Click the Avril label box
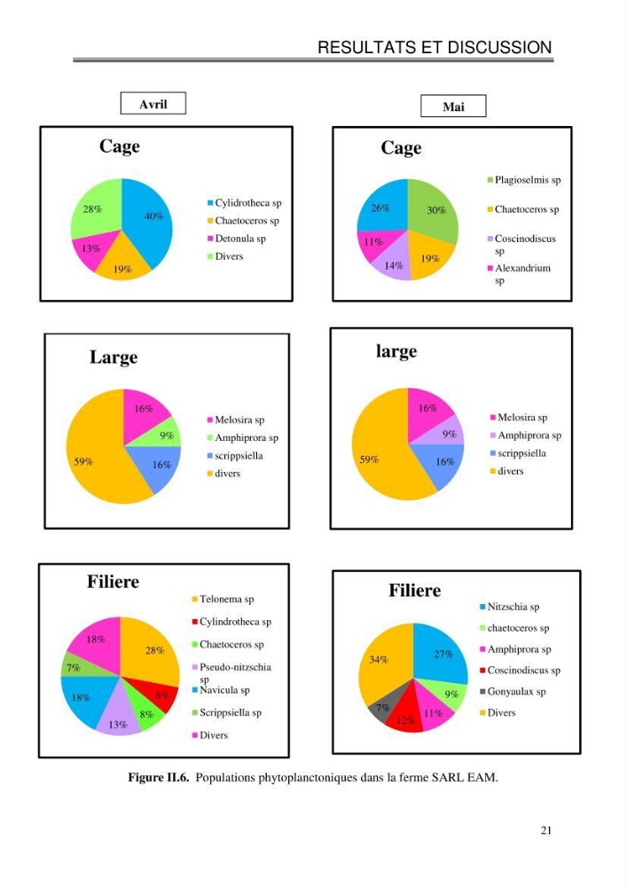tap(153, 104)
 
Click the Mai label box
tap(453, 106)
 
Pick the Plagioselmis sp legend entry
tap(524, 180)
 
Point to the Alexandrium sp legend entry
tap(519, 274)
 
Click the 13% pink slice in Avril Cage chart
tap(93, 249)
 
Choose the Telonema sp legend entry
tap(223, 599)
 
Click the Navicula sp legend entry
tap(221, 690)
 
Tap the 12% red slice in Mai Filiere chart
tap(404, 716)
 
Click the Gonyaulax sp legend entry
tap(513, 692)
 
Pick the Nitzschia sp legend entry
tap(509, 607)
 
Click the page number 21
tap(545, 830)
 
